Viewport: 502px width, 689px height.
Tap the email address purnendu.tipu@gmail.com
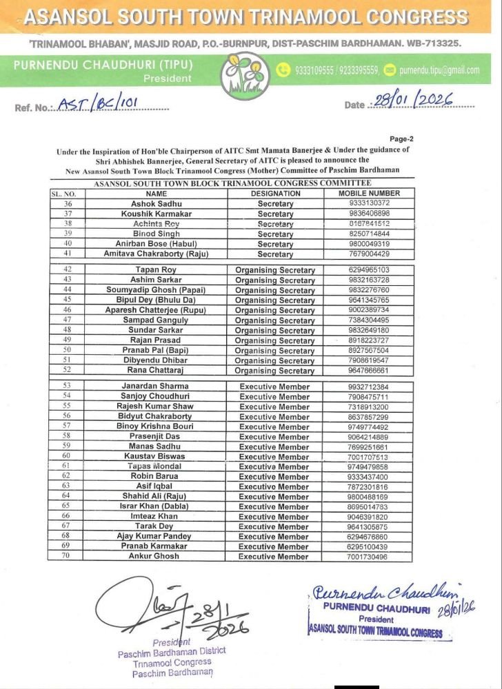coord(439,70)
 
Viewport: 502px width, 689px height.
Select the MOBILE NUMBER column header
coord(369,194)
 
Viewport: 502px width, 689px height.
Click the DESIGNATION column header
coord(275,194)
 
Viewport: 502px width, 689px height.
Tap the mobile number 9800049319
coord(369,244)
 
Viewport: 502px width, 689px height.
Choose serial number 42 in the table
coord(68,270)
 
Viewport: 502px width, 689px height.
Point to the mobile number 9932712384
coord(369,387)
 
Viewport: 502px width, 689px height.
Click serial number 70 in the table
coord(68,556)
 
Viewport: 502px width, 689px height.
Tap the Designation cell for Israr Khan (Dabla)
coord(275,506)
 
